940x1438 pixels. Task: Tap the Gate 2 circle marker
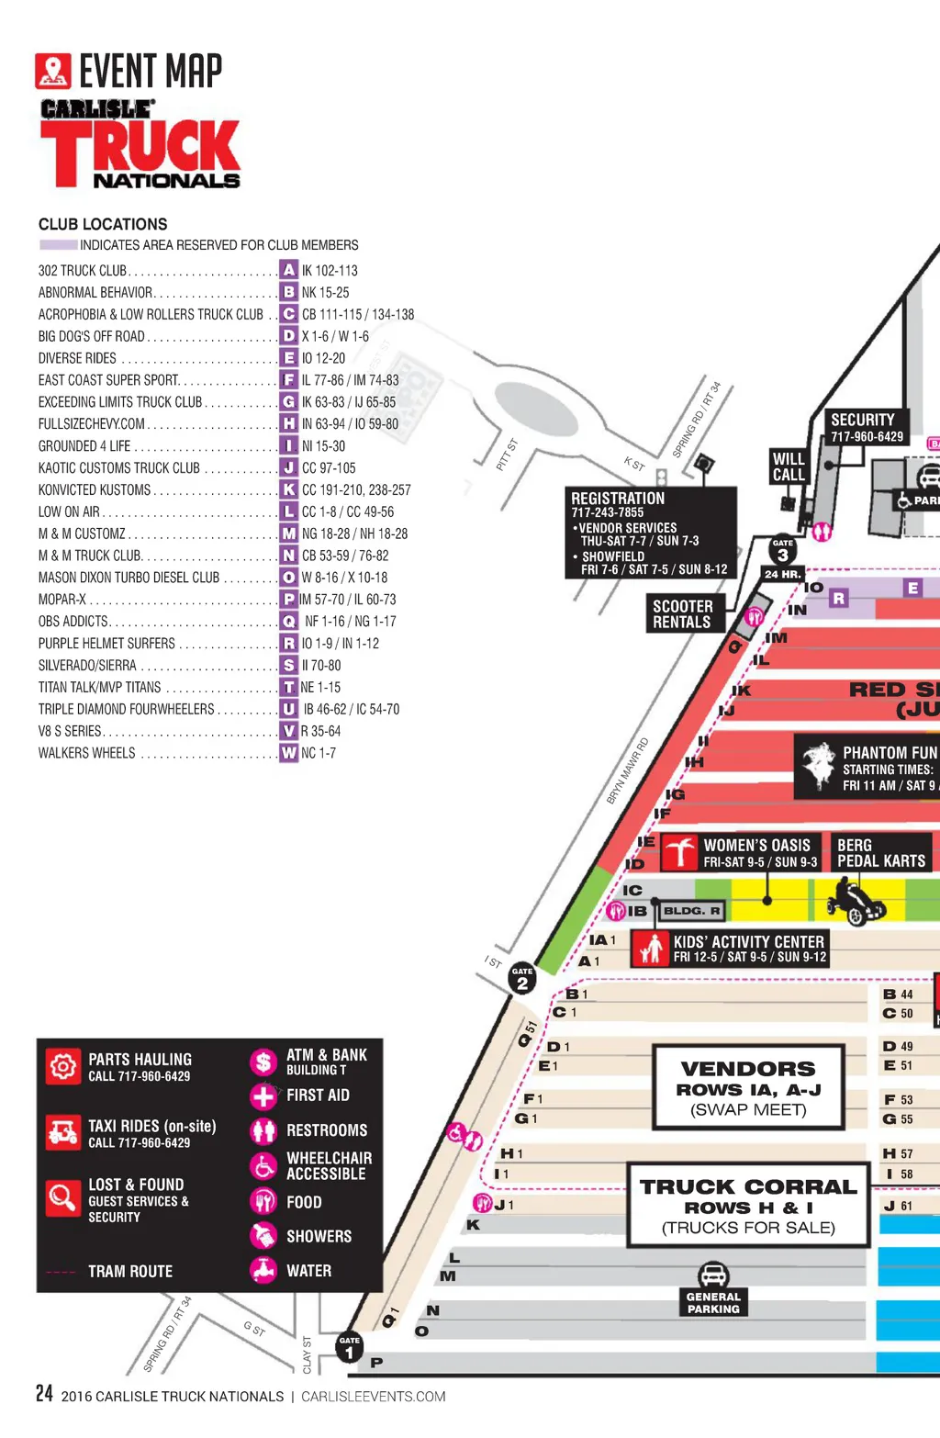522,980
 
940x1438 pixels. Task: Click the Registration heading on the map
618,498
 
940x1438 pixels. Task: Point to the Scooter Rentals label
682,613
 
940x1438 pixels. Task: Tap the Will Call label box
789,466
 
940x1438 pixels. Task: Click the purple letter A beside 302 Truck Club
289,270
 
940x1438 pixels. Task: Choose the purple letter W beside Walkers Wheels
289,753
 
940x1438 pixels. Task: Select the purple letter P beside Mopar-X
289,599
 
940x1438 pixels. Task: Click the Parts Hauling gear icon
62,1066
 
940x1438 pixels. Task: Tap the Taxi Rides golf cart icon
62,1131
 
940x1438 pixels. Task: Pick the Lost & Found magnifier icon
62,1196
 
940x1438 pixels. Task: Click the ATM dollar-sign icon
263,1062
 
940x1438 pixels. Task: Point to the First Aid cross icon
263,1095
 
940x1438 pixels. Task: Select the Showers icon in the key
263,1236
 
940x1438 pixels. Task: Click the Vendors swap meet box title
748,1069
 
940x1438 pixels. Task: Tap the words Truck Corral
748,1186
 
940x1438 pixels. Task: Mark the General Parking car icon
713,1275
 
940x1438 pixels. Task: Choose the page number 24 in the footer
44,1394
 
